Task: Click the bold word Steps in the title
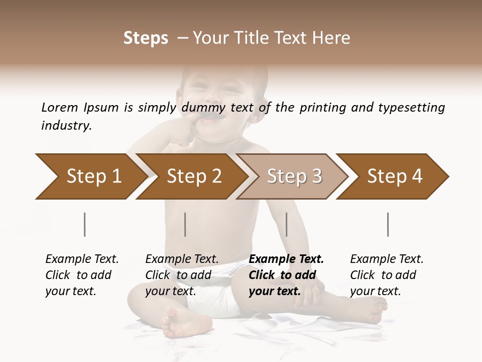point(146,38)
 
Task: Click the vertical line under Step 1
point(85,224)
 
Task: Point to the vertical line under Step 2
point(185,224)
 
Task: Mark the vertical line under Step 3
point(287,224)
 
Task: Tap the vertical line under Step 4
point(388,224)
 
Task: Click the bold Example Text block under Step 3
point(286,275)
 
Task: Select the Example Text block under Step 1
point(82,275)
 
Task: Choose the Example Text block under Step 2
point(182,275)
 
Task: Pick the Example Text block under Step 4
point(387,275)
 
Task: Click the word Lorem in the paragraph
point(60,108)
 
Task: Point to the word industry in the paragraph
point(66,126)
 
